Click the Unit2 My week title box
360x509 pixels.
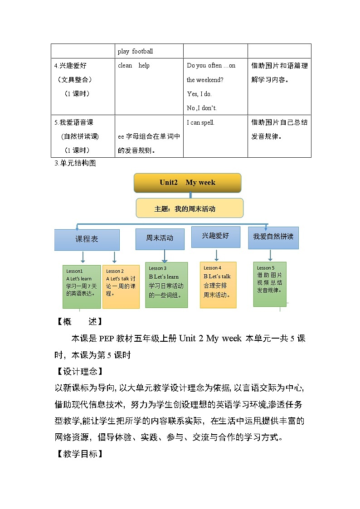[187, 183]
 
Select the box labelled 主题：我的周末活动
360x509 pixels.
[190, 208]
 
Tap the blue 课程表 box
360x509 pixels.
[87, 240]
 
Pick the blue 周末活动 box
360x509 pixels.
[160, 239]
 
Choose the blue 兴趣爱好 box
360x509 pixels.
[215, 237]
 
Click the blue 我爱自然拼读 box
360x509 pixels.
[273, 238]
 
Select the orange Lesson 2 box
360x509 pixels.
[121, 286]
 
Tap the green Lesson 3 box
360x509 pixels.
[166, 285]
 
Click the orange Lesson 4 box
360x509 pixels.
[218, 285]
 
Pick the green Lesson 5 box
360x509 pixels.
[270, 284]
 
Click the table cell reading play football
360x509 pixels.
[136, 51]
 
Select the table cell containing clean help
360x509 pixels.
[134, 66]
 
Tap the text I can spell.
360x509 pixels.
[201, 122]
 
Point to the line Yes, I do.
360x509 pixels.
[199, 94]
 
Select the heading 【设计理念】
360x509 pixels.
[78, 372]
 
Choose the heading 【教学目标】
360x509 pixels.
[78, 454]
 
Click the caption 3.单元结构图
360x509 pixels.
[75, 164]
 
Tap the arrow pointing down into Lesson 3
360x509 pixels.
[165, 256]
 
